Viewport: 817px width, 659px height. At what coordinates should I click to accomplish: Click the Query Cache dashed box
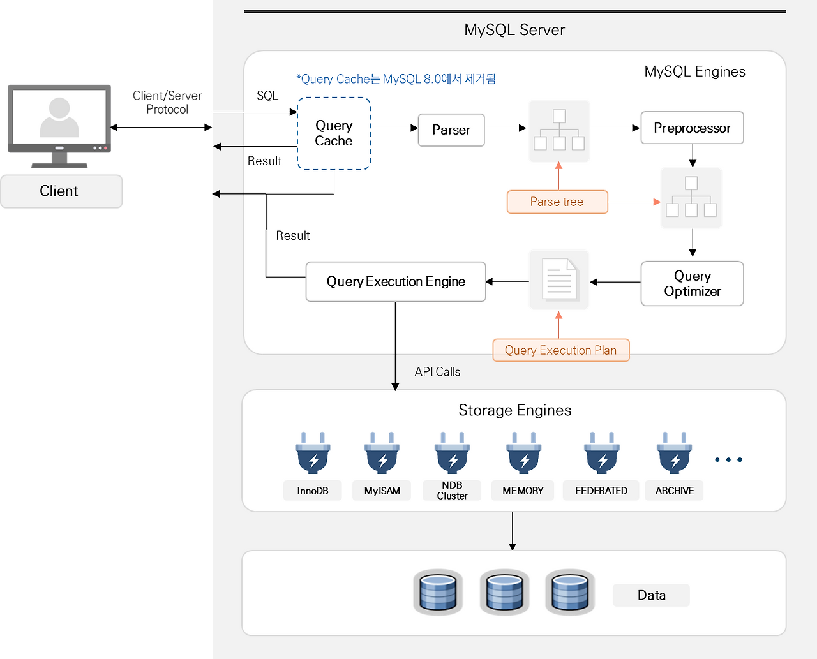(x=334, y=133)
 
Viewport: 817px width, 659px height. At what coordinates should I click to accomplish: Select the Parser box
(x=451, y=130)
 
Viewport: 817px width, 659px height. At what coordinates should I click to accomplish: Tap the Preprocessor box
(x=692, y=128)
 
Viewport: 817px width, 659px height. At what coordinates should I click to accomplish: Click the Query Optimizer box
(x=692, y=284)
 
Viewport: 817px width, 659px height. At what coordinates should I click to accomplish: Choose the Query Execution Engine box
(x=396, y=282)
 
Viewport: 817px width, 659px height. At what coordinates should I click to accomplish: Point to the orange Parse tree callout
(x=557, y=202)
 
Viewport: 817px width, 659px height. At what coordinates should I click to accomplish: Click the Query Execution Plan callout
(x=560, y=350)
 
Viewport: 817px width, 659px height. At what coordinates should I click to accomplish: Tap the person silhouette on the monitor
(x=59, y=117)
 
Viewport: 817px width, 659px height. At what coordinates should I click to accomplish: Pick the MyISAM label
(x=382, y=491)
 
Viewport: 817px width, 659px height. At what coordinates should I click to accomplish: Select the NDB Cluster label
(x=452, y=491)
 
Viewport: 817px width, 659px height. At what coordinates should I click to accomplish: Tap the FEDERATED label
(x=601, y=491)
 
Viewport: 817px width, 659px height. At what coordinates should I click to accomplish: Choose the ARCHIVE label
(x=674, y=491)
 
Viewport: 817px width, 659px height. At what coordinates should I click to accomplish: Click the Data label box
(x=651, y=595)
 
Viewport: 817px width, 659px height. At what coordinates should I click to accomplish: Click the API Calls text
(x=437, y=372)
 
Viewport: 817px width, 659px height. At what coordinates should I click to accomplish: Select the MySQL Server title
(x=514, y=30)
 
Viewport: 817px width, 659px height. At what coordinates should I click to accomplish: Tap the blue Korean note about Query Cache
(x=396, y=79)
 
